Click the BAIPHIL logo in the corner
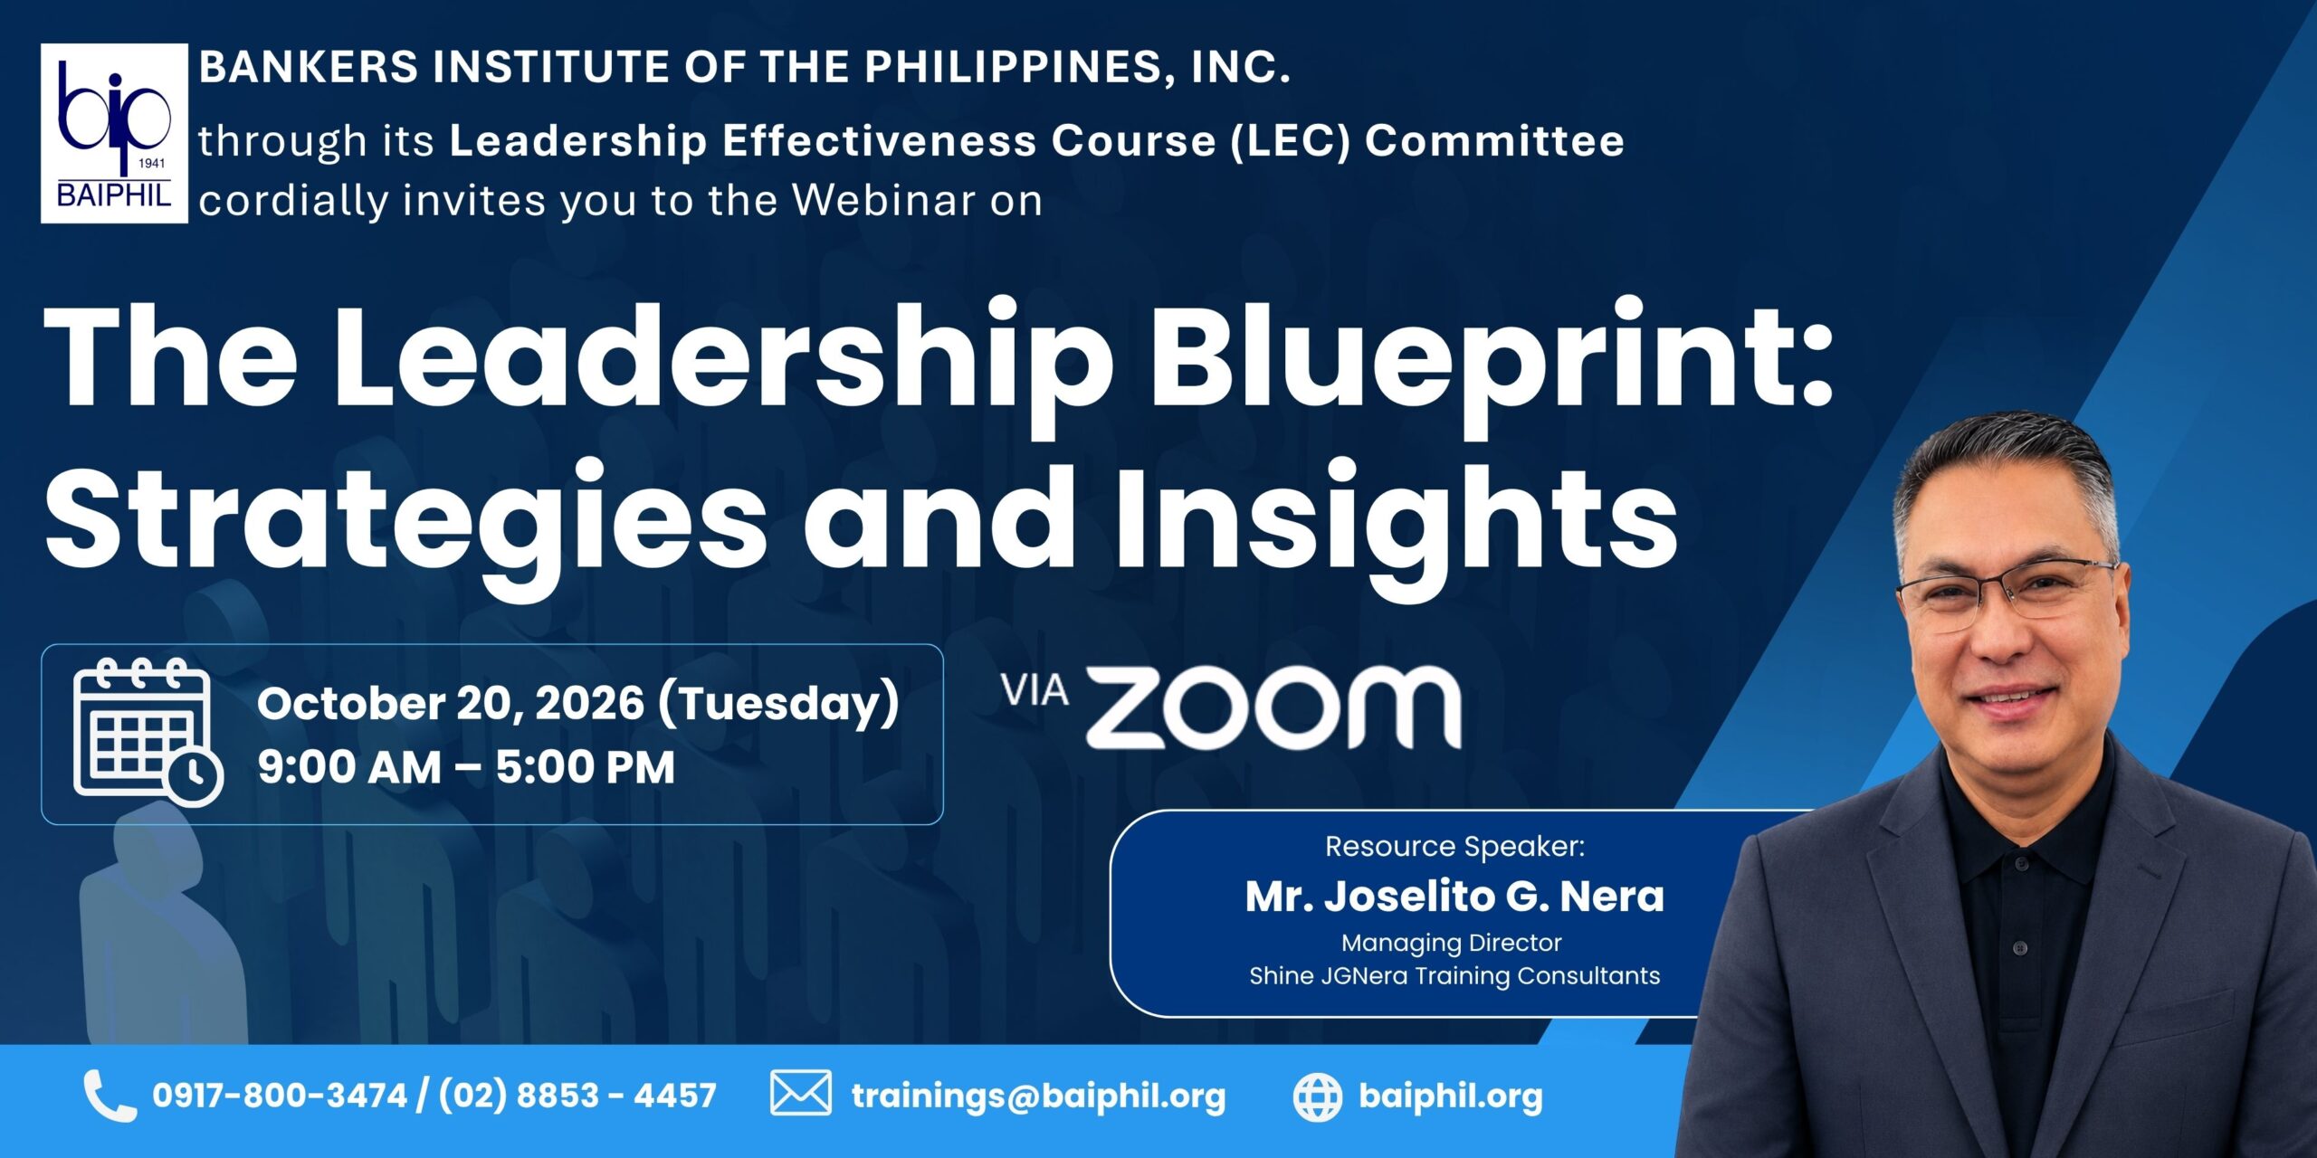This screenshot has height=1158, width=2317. pos(114,133)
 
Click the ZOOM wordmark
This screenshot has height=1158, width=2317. pos(1273,708)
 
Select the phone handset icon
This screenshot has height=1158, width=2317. pos(110,1096)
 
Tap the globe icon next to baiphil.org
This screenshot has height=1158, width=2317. pos(1317,1097)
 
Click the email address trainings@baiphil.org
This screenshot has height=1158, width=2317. pos(1038,1096)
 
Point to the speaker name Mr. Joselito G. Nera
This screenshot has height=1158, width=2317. pos(1454,897)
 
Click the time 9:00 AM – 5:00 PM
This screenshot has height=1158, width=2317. pos(466,767)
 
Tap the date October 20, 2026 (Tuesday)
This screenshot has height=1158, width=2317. pos(578,704)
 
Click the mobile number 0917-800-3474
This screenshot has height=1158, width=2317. pos(280,1096)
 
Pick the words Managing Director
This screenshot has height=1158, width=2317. pos(1451,944)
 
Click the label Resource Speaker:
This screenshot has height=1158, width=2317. pos(1454,847)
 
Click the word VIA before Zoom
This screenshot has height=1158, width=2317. pos(1035,691)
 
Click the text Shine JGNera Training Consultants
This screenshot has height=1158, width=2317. pos(1454,976)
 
